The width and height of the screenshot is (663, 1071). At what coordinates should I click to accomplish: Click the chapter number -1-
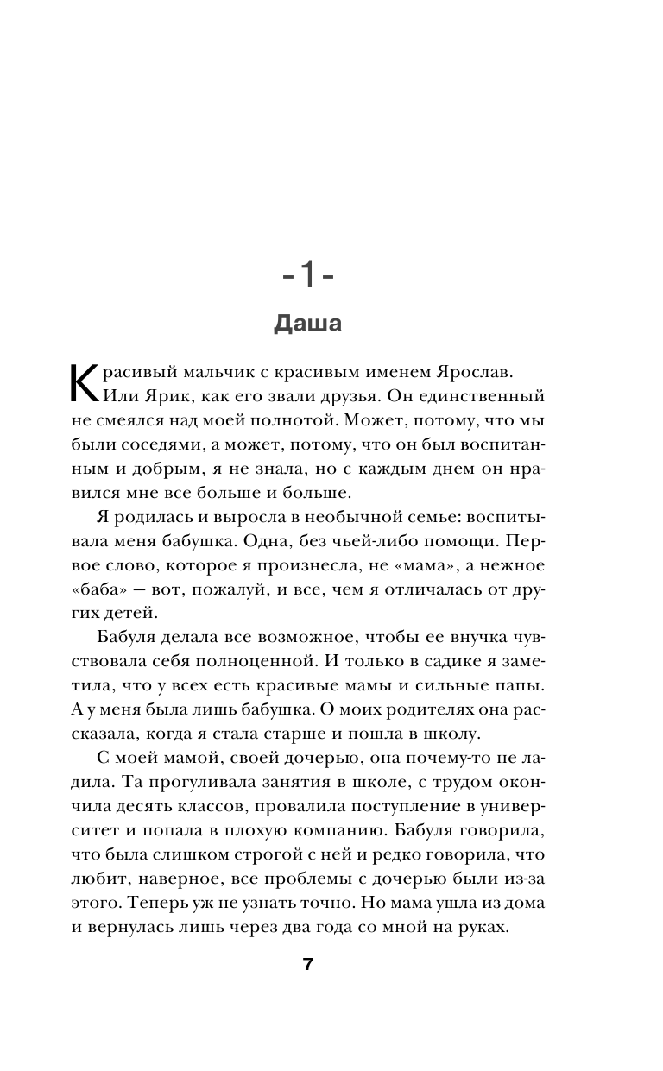(308, 278)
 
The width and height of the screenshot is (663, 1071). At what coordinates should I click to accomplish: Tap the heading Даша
(308, 324)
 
